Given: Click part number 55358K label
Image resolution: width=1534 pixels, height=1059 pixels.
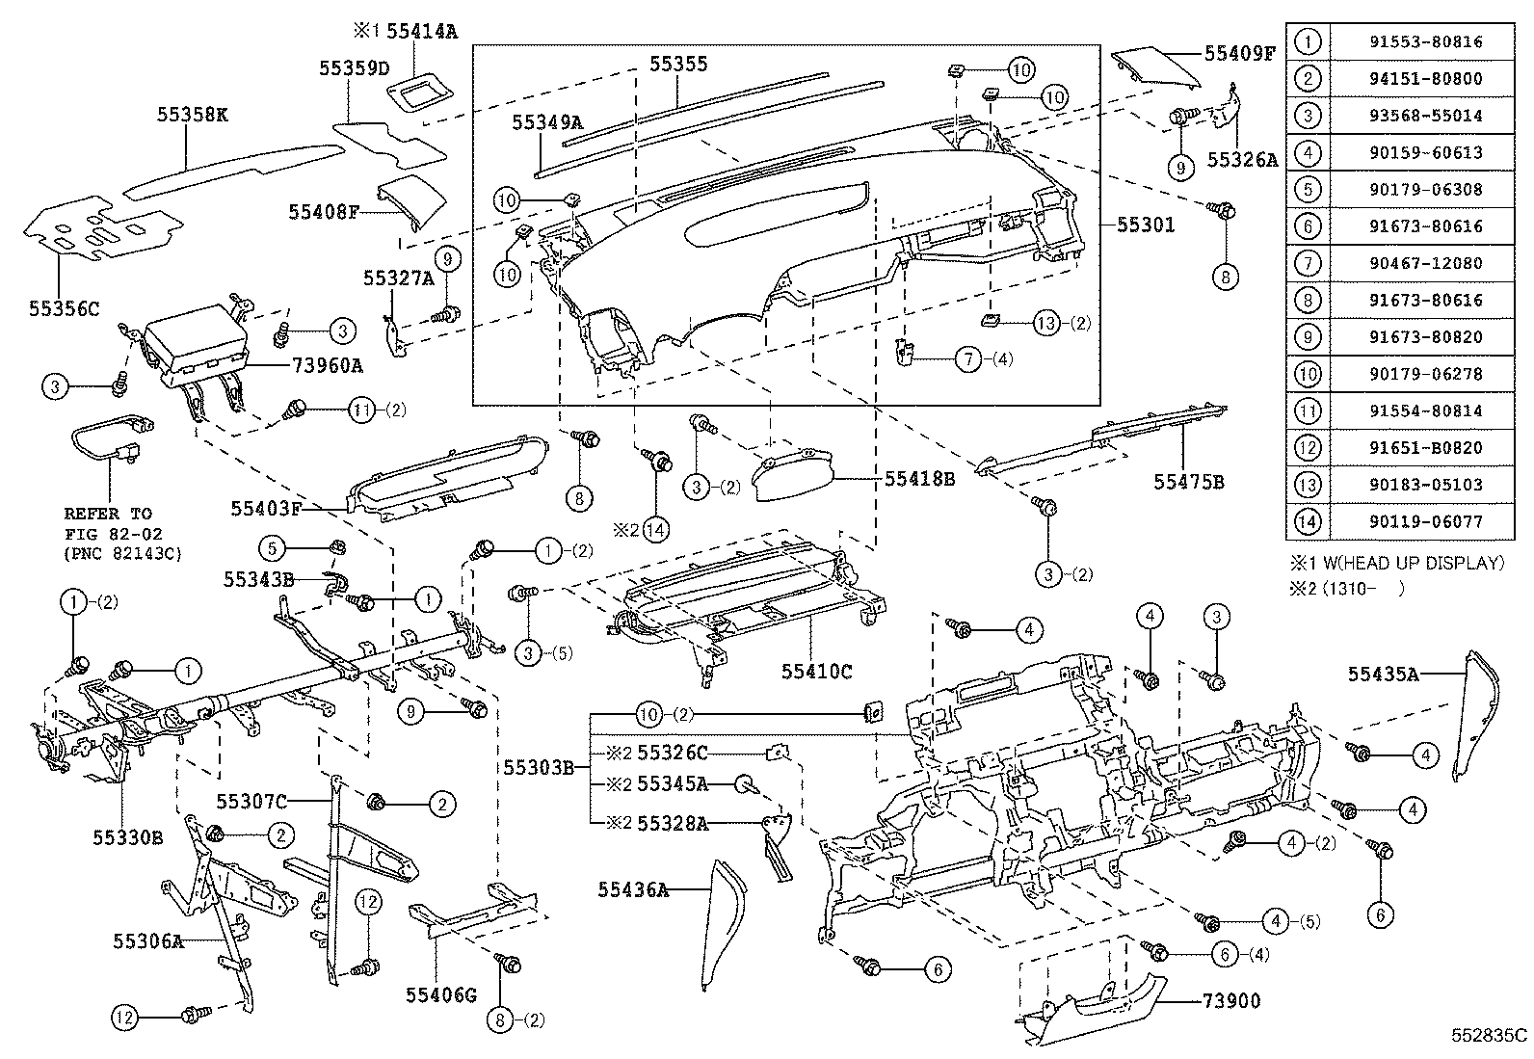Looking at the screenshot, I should (193, 115).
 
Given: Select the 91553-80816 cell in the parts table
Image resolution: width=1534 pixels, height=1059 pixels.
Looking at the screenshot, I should (1419, 41).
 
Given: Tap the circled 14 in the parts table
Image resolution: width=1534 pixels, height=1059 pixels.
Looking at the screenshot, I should (1308, 521).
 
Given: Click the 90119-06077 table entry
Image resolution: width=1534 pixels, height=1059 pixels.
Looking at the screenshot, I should (1419, 521).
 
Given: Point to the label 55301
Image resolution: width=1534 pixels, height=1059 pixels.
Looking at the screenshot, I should (1146, 225).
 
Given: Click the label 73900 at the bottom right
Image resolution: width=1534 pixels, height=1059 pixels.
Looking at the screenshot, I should (1227, 1001).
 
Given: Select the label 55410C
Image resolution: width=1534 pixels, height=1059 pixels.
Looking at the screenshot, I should (816, 672).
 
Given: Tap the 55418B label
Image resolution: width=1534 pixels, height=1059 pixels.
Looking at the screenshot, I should (919, 478).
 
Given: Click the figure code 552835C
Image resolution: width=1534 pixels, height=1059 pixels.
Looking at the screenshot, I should (1490, 1036).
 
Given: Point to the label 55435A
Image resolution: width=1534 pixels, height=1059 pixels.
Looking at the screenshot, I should (1383, 675).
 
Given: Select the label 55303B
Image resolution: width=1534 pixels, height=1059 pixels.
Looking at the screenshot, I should (539, 767).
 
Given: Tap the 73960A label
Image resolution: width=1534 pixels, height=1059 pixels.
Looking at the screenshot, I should (328, 365).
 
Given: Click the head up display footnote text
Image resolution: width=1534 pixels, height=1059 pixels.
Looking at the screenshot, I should (1397, 563).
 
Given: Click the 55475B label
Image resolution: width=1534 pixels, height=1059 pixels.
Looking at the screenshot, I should (1189, 481).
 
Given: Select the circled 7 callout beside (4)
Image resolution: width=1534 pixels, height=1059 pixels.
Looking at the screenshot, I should (967, 359).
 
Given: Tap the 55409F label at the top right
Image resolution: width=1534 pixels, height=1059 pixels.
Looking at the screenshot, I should (1239, 53).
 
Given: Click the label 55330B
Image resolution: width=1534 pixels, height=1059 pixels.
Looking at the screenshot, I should (127, 837).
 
